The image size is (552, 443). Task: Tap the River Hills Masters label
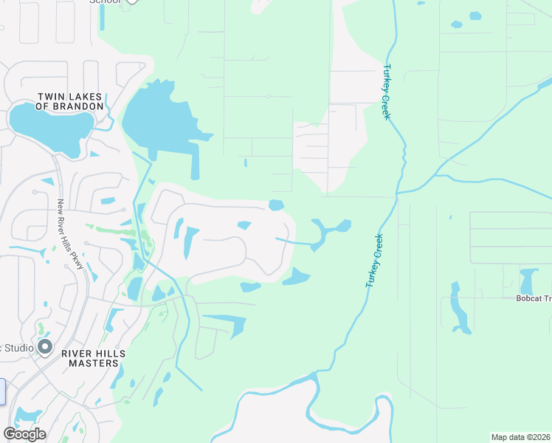coord(94,358)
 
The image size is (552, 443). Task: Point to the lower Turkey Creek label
coord(373,261)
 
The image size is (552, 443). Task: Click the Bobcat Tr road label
coord(533,298)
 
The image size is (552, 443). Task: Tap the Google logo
coord(24,434)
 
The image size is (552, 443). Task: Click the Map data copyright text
coord(521,437)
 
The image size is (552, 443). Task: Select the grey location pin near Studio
coord(46,346)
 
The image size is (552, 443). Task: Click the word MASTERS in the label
coord(94,363)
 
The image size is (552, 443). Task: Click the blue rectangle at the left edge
coord(2,391)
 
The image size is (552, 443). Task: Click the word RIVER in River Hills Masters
coord(80,354)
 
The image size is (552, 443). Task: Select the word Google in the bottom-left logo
coord(24,434)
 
